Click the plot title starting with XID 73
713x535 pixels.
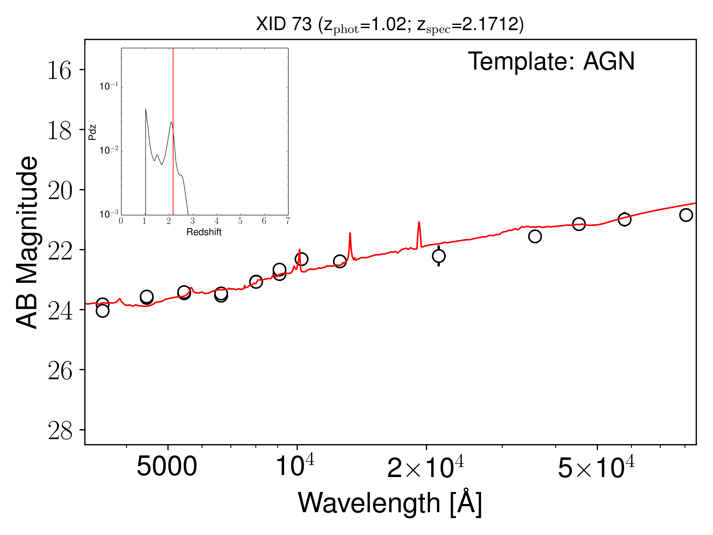(x=390, y=25)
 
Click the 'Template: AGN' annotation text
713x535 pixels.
(x=551, y=61)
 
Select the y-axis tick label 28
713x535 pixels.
(x=60, y=431)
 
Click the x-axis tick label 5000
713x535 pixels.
(x=167, y=467)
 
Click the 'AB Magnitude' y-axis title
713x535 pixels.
(x=27, y=243)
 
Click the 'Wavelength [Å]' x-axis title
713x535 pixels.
(x=390, y=503)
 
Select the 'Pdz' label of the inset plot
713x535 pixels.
(x=92, y=132)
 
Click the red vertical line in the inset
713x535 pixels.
(x=173, y=97)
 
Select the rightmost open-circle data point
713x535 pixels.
(x=686, y=215)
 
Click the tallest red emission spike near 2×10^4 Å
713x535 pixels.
(x=419, y=222)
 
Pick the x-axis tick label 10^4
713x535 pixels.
(x=295, y=466)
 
